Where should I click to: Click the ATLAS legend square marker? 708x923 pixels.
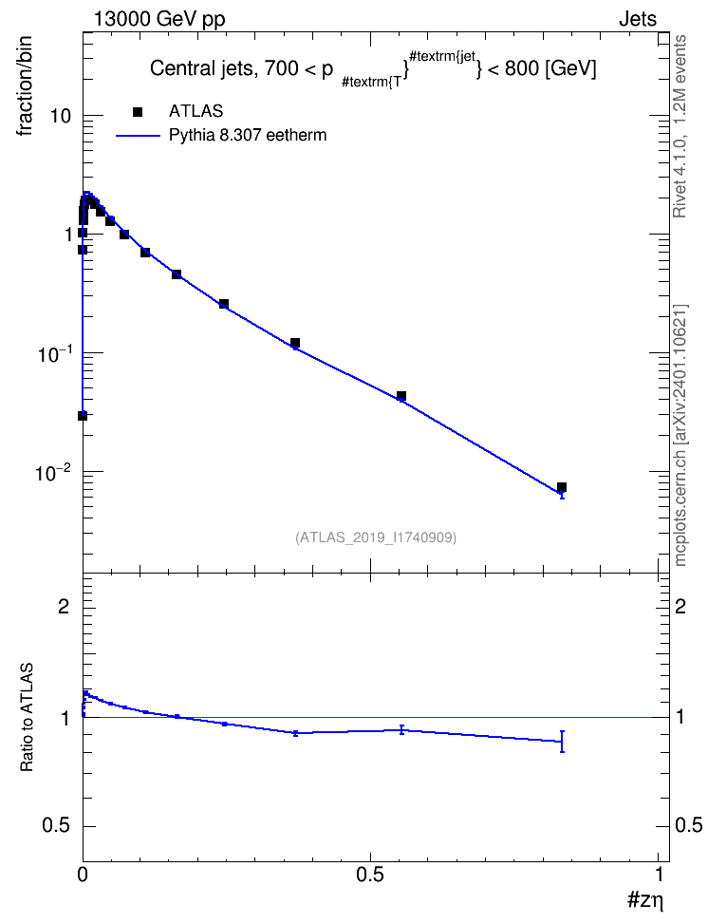(138, 111)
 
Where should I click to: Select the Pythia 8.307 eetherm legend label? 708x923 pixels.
(248, 136)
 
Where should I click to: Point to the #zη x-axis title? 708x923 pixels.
(645, 900)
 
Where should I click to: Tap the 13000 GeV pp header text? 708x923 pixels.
(159, 20)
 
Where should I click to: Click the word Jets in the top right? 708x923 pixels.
(638, 19)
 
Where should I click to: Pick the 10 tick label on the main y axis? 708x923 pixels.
(60, 116)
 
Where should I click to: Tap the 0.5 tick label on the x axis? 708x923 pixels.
(370, 875)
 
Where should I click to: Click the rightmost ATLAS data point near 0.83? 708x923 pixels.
(562, 487)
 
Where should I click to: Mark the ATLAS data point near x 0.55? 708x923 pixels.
(401, 396)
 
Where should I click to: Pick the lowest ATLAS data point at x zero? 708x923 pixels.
(83, 416)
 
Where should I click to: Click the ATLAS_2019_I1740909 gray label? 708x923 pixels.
(376, 537)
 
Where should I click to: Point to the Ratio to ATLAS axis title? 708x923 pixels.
(27, 717)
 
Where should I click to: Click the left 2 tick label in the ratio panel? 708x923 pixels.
(64, 606)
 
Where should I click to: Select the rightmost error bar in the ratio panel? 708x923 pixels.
(562, 741)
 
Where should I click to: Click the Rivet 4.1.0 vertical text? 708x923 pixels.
(680, 126)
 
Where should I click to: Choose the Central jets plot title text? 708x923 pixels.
(373, 69)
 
